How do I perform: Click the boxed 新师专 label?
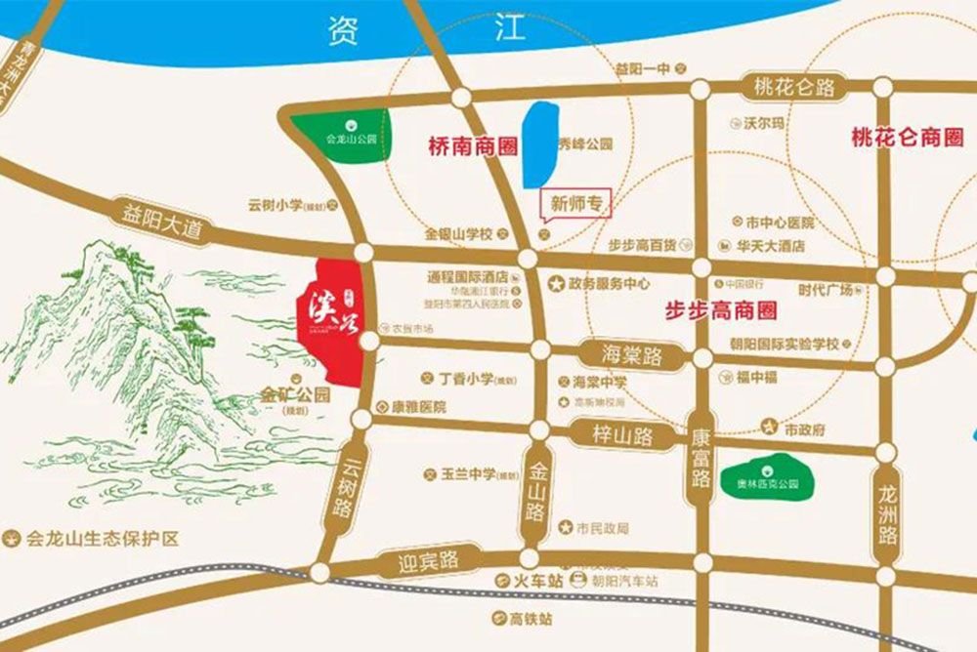click(575, 205)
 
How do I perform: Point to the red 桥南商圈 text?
click(473, 147)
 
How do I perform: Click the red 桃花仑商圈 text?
click(907, 138)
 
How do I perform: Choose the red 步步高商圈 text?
click(720, 311)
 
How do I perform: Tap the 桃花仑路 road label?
click(794, 88)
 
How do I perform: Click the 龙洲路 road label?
click(887, 519)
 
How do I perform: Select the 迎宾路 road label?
click(427, 560)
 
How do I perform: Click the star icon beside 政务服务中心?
click(556, 285)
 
